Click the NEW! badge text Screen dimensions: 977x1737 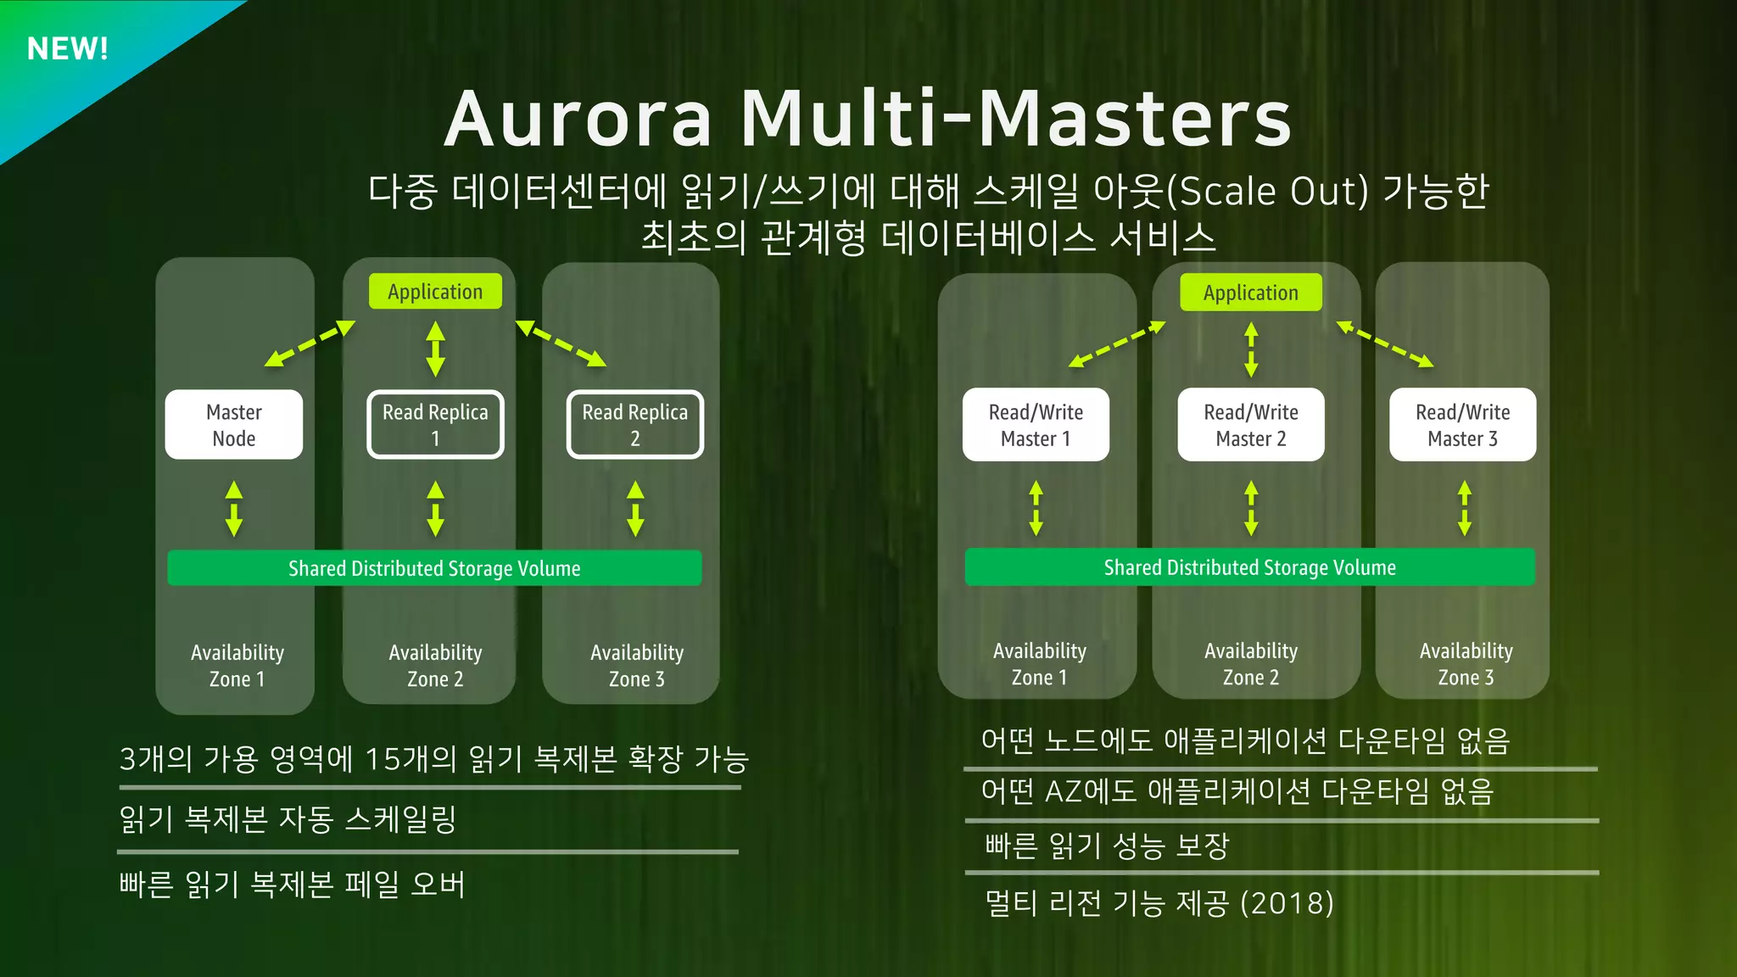[68, 48]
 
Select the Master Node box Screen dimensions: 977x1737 [234, 425]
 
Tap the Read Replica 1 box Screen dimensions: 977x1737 [435, 425]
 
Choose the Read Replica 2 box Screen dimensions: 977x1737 [634, 425]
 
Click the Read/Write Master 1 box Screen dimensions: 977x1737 [1036, 425]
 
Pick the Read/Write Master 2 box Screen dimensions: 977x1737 [1251, 425]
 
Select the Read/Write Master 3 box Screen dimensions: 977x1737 [1462, 425]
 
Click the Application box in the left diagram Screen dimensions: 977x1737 [435, 292]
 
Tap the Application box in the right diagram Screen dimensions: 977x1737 [1251, 293]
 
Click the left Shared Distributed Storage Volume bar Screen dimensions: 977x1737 [434, 568]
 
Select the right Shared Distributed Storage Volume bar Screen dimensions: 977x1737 [1249, 567]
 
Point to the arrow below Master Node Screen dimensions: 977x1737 [234, 509]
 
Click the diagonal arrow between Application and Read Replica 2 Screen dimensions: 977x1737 [561, 343]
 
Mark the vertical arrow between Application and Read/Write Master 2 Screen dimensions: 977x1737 [1251, 349]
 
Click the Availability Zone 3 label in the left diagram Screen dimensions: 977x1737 [637, 666]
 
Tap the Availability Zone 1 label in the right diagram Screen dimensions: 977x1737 [1040, 664]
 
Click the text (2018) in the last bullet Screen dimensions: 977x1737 [1287, 903]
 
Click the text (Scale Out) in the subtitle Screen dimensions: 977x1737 [1267, 192]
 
